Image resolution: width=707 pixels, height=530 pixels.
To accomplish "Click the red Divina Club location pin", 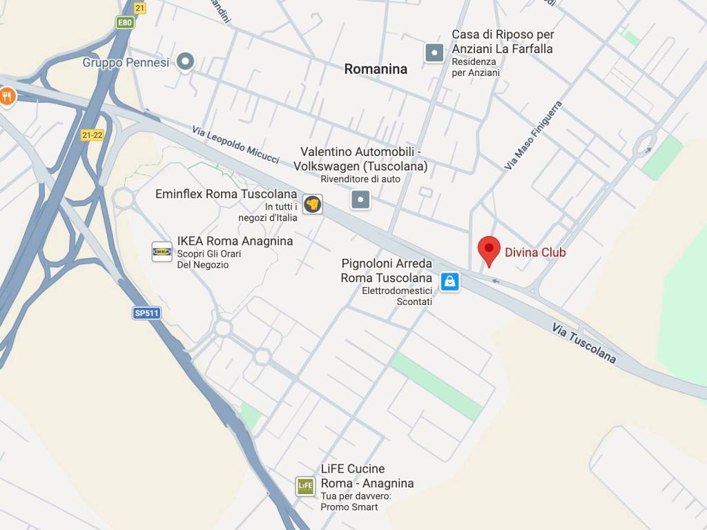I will point(489,250).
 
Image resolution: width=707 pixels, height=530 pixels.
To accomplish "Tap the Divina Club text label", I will point(535,253).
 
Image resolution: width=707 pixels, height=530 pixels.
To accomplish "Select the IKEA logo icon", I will point(162,252).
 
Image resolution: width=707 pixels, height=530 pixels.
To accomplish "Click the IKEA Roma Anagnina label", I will point(235,242).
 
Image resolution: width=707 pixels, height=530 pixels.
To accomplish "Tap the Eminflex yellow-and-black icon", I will point(313,204).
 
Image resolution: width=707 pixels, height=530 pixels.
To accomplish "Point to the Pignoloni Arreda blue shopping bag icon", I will point(449,282).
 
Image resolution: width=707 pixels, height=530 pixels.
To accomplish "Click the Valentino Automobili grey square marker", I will point(360,200).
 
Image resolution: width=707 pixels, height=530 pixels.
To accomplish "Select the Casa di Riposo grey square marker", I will point(434,52).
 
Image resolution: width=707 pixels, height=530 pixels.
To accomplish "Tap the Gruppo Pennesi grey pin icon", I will point(184,63).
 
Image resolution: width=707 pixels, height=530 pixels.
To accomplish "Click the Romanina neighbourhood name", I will point(376,69).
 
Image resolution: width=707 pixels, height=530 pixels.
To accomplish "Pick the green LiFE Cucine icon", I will point(305,486).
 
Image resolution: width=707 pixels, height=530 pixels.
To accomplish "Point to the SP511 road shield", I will point(146,313).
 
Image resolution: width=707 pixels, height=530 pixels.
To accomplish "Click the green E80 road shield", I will point(124,23).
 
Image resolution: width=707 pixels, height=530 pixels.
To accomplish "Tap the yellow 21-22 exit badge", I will point(92,135).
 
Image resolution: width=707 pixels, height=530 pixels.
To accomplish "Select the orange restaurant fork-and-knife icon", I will point(8,96).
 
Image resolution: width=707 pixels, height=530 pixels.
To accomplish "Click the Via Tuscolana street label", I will point(583,343).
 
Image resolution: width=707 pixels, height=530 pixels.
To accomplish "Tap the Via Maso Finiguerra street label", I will point(534,135).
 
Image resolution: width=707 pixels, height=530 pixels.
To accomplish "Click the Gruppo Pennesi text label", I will point(126,63).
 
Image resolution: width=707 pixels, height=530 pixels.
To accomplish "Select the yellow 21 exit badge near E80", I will point(141,8).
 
